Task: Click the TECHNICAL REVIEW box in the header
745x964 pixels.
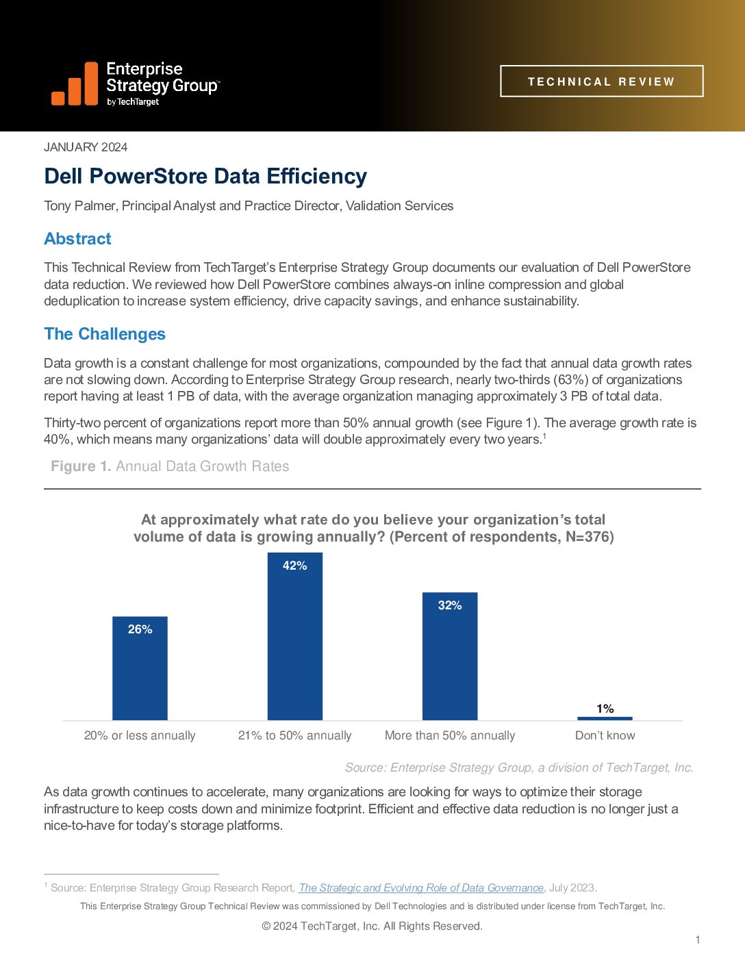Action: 601,81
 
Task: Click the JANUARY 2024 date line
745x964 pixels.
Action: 86,147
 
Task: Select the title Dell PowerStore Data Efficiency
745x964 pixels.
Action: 205,177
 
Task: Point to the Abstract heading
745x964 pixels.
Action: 77,239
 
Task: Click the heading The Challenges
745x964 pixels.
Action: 105,334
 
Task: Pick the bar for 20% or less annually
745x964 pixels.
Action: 140,671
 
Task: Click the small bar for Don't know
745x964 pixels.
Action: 605,718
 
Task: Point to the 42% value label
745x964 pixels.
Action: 294,566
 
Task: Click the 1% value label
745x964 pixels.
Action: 605,709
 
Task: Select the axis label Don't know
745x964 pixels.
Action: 605,735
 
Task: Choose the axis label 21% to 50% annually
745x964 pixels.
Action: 294,735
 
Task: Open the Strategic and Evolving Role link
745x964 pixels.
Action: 421,888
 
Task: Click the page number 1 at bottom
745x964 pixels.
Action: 698,940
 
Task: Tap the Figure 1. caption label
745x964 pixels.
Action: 81,466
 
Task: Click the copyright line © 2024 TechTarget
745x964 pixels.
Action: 372,926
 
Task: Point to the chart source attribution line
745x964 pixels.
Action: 519,768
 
